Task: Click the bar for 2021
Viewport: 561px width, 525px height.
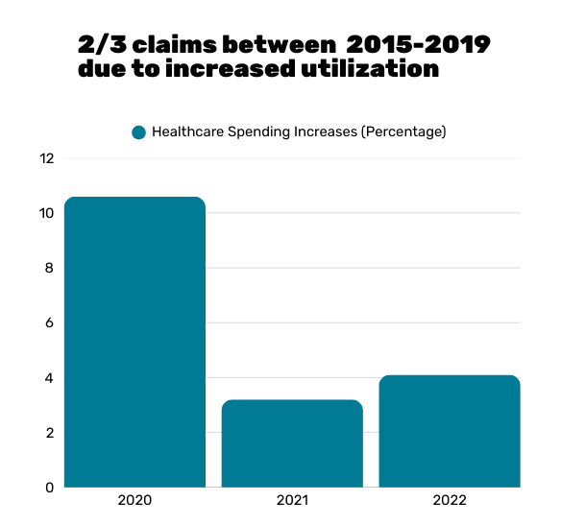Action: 292,443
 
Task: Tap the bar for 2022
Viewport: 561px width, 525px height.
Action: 450,431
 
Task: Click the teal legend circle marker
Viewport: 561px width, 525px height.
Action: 138,132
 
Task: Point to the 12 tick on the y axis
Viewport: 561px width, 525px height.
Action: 46,157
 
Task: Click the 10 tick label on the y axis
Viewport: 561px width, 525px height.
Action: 46,213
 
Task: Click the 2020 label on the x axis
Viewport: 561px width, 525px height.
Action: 134,501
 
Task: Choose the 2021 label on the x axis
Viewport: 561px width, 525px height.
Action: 292,501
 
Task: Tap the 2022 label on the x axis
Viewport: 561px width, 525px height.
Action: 450,501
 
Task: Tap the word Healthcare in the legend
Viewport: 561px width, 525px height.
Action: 185,132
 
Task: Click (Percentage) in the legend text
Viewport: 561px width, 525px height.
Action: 402,132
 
